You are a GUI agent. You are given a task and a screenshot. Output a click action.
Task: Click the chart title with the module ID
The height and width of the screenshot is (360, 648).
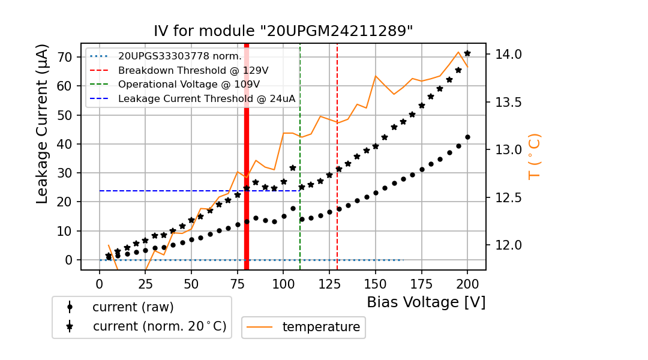coord(283,32)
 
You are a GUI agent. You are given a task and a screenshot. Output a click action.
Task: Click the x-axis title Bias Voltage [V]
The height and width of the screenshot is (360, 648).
coord(426,302)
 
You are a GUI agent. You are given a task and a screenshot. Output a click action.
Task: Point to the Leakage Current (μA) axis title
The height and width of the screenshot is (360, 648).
coord(42,124)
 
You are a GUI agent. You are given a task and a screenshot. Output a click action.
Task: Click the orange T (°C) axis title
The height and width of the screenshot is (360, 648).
coord(534,156)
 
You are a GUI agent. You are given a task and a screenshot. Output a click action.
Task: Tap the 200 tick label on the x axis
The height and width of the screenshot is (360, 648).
coord(467,283)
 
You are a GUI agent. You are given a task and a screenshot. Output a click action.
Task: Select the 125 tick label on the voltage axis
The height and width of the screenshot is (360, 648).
coord(329,283)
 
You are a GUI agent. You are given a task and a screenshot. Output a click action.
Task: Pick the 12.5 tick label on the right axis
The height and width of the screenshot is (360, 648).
coord(508,198)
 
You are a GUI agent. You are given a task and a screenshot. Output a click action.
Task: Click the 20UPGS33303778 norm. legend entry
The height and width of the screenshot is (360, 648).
coord(179,56)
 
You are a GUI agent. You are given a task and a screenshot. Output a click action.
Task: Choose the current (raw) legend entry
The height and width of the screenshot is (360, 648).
coord(133,307)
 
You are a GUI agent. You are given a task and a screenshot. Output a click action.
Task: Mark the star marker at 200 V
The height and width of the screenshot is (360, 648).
coord(467,53)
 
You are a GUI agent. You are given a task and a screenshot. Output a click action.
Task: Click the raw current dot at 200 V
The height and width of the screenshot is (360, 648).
coord(467,137)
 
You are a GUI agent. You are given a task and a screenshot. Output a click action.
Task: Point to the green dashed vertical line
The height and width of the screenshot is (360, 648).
coord(300,228)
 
